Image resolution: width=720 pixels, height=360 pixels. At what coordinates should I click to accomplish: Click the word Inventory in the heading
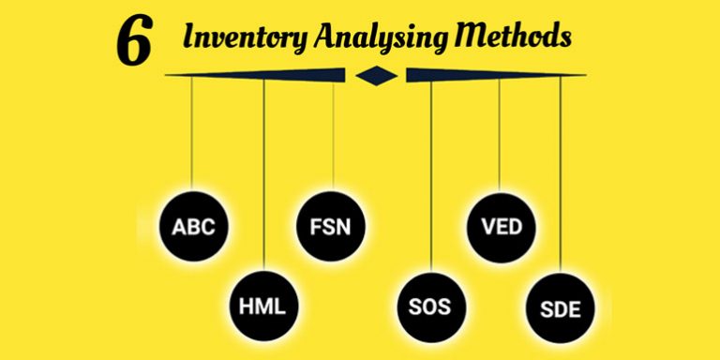tap(241, 38)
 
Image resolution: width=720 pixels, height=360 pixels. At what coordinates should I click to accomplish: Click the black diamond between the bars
tap(375, 75)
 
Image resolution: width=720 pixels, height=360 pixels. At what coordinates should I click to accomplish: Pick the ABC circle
tap(193, 226)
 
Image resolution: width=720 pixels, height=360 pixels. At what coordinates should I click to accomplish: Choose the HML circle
tap(264, 306)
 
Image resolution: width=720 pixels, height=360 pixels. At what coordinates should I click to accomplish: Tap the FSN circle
tap(334, 226)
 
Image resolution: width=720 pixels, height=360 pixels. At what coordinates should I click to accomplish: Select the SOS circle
tap(430, 306)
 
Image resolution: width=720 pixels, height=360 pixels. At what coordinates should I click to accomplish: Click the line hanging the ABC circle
tap(192, 131)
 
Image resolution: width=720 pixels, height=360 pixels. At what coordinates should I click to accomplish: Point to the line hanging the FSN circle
tap(334, 131)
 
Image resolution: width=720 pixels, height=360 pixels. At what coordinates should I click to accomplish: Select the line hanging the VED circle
tap(499, 131)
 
